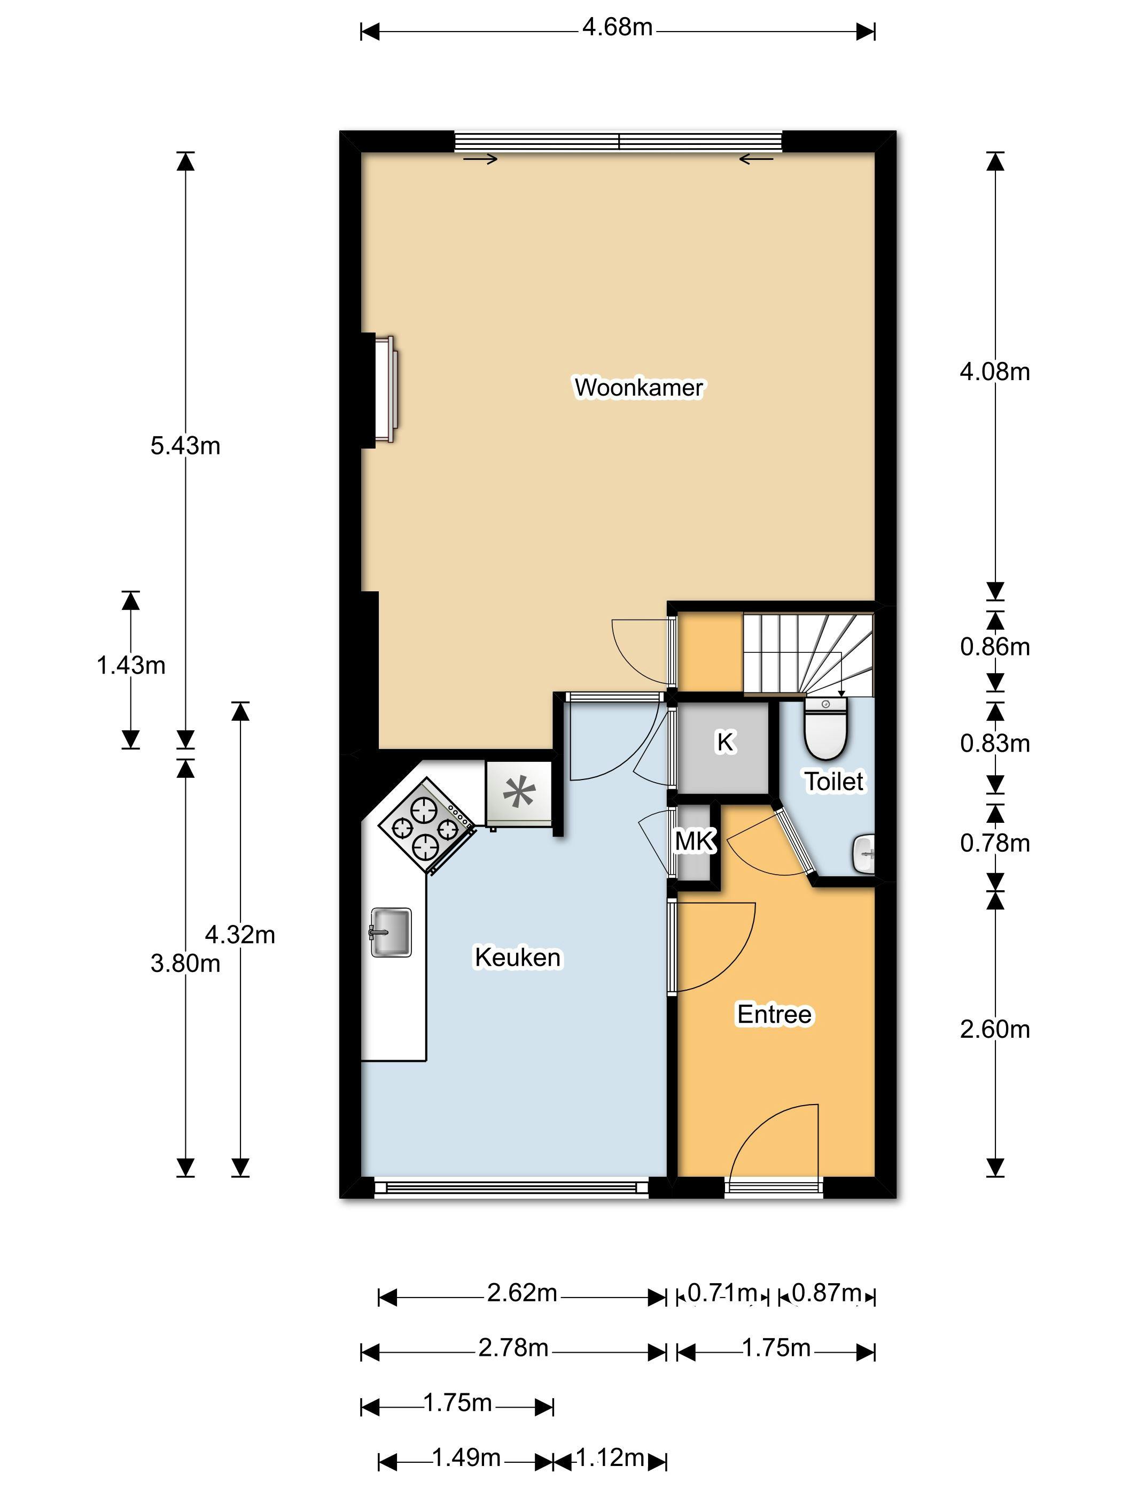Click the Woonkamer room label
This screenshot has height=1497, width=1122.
pos(638,387)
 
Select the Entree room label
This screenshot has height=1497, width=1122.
pos(774,1014)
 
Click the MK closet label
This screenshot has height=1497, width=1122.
pos(695,840)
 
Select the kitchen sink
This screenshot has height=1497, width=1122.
pos(391,932)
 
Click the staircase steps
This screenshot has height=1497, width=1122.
pos(809,653)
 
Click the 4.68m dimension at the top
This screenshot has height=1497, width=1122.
pos(618,27)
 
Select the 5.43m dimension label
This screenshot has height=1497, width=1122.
pos(185,446)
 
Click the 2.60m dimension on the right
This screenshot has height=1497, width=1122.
pos(995,1029)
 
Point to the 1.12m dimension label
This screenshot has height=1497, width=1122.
pos(610,1458)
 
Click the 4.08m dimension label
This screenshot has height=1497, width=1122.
pos(995,372)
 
